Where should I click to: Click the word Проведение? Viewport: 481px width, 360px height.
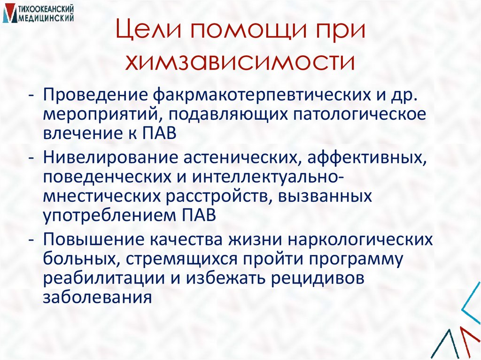point(95,95)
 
